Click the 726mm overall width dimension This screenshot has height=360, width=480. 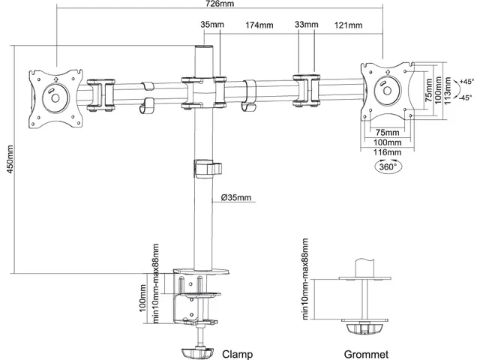click(x=220, y=4)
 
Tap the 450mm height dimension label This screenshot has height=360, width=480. click(x=10, y=159)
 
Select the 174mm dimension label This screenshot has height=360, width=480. click(x=259, y=25)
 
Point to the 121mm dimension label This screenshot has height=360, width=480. click(x=348, y=25)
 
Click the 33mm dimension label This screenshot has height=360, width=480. click(x=307, y=24)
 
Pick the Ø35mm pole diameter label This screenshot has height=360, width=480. click(x=236, y=197)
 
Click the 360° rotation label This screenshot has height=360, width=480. click(x=388, y=166)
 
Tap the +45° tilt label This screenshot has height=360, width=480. click(x=466, y=82)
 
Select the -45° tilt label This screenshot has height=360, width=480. click(x=466, y=97)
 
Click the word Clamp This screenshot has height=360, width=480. click(x=238, y=354)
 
